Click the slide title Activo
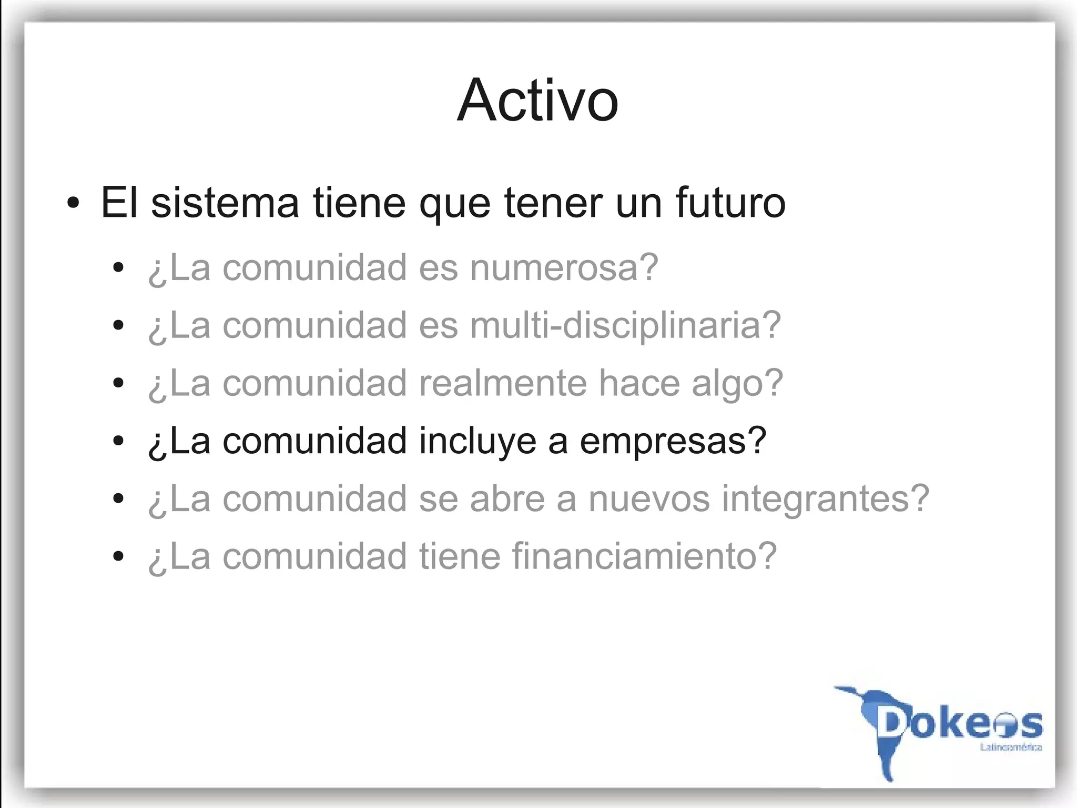(x=537, y=100)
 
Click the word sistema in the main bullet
(x=225, y=203)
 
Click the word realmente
(x=503, y=383)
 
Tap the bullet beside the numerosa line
(x=118, y=268)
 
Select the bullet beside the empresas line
(x=118, y=441)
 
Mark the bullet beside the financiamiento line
(x=118, y=556)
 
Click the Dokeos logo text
(x=960, y=724)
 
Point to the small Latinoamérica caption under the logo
(x=1011, y=747)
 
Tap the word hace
(x=639, y=383)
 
